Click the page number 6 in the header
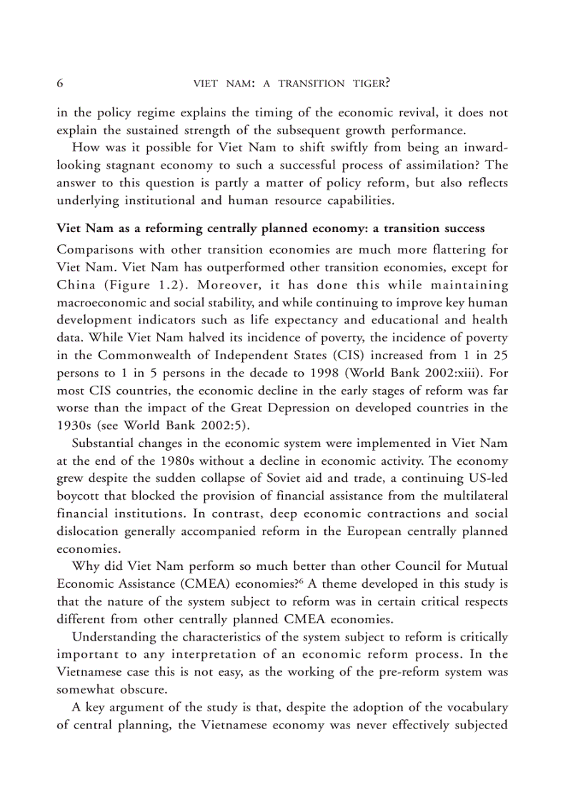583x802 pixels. point(60,83)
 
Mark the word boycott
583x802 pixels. point(78,495)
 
